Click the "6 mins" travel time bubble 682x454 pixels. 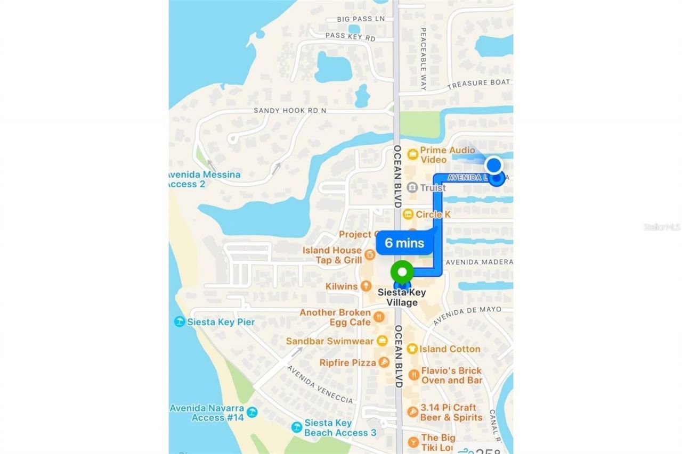click(404, 243)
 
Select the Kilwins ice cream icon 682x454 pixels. click(366, 286)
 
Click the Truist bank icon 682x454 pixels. click(412, 187)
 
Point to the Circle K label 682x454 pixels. click(433, 214)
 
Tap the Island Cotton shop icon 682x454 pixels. click(411, 349)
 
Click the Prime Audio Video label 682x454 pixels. click(447, 155)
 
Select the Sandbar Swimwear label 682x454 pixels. click(330, 341)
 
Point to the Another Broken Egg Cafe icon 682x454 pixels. click(379, 317)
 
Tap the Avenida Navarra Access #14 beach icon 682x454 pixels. click(252, 412)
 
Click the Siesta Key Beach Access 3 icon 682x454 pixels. click(296, 427)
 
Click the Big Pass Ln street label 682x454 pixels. click(361, 19)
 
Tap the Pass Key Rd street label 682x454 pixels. click(350, 37)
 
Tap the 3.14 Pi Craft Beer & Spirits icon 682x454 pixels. click(412, 412)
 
